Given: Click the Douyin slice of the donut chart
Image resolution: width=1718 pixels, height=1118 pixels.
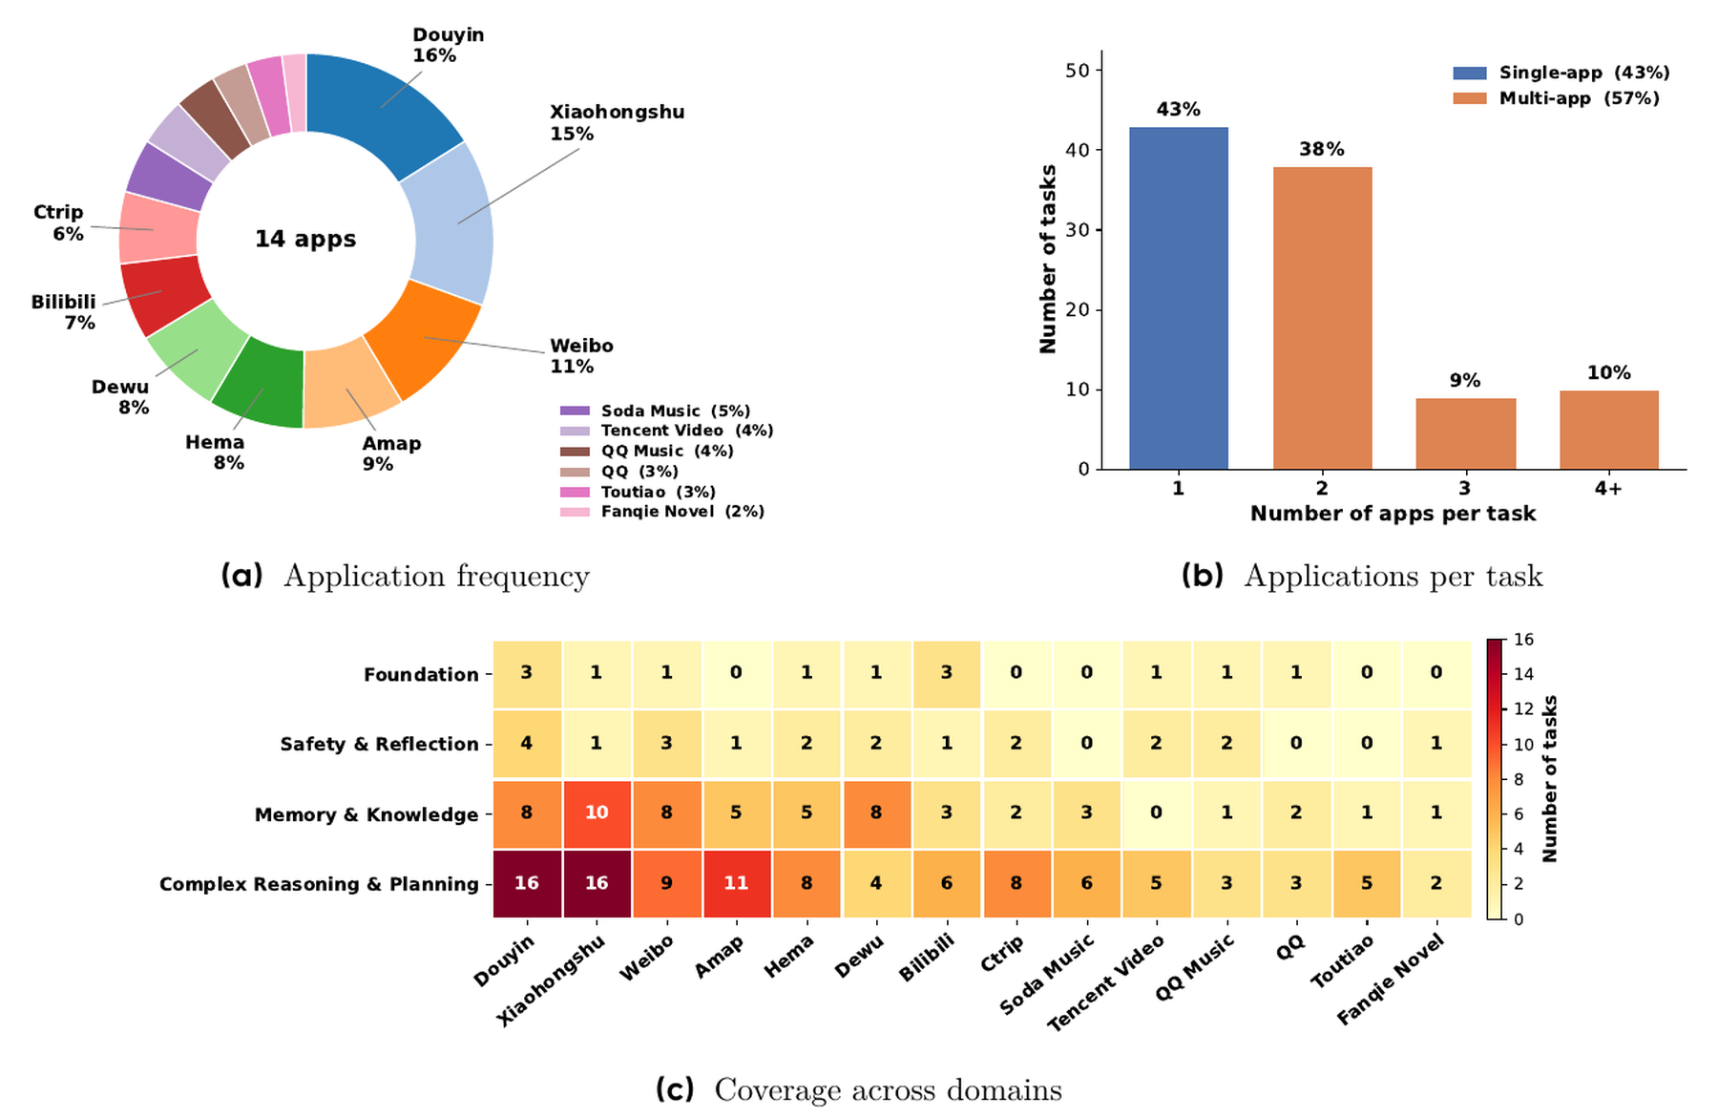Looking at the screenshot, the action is [382, 105].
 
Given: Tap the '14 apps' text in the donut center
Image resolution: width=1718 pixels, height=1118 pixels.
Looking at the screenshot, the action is [305, 239].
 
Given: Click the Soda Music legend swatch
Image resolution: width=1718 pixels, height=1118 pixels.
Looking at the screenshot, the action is [575, 411].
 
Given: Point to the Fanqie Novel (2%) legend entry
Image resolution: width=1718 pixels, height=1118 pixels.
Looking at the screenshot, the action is [662, 512].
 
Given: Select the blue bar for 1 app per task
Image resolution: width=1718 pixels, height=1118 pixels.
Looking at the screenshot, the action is [1179, 298].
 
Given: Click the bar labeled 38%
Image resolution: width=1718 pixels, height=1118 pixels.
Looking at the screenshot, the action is [1322, 318].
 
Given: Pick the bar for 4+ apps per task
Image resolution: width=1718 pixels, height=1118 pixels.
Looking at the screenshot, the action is [1609, 430].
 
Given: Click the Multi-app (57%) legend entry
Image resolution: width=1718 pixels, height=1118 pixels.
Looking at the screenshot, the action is [1557, 98].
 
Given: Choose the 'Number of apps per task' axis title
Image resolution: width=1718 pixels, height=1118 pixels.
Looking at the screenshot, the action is [1393, 514].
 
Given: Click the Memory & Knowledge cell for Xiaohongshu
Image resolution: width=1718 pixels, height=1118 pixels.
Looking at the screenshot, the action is [597, 813].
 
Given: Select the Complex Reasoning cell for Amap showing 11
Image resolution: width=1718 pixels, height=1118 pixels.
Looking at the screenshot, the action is [736, 883].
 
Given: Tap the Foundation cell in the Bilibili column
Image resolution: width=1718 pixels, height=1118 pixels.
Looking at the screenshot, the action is [947, 674].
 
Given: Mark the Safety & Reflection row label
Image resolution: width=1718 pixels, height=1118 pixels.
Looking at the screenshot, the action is [379, 744].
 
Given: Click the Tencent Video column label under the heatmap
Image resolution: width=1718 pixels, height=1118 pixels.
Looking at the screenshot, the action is [1106, 982].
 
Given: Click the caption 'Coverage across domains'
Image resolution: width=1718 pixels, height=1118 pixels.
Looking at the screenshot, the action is [888, 1089].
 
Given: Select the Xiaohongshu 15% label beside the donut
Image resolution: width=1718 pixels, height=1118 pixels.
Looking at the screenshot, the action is [617, 122].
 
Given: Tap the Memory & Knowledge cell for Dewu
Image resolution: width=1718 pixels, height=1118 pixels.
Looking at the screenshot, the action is [876, 813].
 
